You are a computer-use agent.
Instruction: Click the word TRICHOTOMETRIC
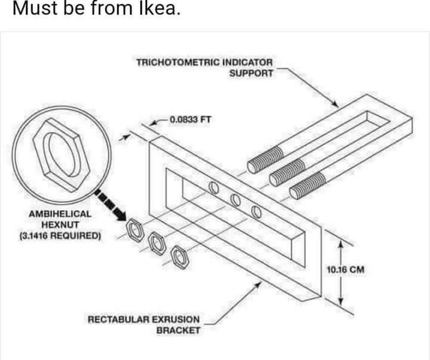[x=178, y=62]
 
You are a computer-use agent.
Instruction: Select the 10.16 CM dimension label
[x=346, y=269]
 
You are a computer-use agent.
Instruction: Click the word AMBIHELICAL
[x=60, y=214]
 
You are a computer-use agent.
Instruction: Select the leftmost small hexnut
[x=135, y=227]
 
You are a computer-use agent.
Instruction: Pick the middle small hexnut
[x=156, y=242]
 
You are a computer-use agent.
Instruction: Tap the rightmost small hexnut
[x=177, y=256]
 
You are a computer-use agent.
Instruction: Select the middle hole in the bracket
[x=235, y=200]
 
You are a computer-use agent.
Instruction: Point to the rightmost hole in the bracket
[x=256, y=211]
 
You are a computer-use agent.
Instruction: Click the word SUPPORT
[x=251, y=73]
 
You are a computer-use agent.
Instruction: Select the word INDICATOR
[x=247, y=62]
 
